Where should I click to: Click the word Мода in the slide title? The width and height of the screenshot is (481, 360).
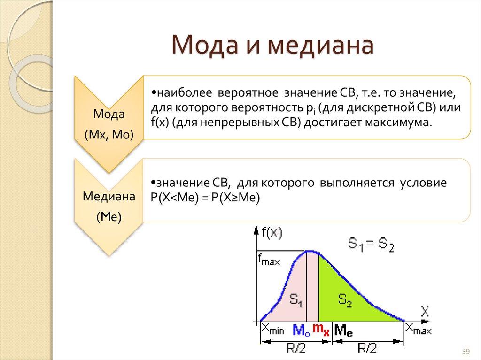pos(204,47)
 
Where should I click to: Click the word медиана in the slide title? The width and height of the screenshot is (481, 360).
pos(321,47)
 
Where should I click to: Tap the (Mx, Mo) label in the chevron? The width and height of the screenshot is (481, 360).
pos(109,135)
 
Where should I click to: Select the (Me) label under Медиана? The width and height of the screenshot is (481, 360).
pos(109,216)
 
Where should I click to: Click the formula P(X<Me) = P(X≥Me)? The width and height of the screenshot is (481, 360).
pos(205,198)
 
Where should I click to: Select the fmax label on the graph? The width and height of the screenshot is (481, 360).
pos(268,260)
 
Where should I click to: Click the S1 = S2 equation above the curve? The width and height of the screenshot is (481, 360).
pos(371,244)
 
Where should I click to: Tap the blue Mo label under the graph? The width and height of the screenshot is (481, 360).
pos(301,330)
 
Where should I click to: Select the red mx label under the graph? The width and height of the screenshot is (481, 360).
pos(321,329)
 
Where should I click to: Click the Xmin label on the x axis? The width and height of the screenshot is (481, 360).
pos(273,329)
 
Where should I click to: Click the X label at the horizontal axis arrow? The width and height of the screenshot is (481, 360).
pos(425,310)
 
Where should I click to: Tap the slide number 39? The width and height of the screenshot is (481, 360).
pos(466,352)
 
